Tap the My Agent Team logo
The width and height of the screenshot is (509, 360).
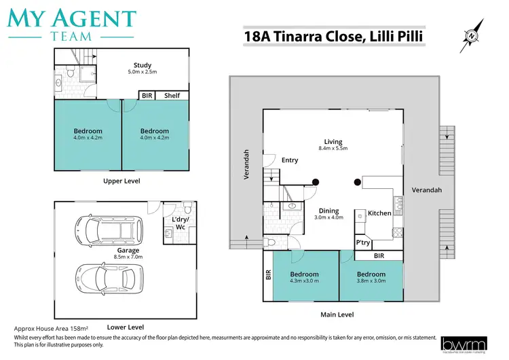coord(71,24)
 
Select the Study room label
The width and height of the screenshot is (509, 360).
coord(143,65)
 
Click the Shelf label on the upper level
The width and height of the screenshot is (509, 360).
coord(172,96)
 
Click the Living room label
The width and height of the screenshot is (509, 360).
coord(333,142)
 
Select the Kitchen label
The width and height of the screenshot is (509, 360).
coord(379,213)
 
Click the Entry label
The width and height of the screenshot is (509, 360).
coord(290,160)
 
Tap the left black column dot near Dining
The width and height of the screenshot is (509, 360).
coord(316,181)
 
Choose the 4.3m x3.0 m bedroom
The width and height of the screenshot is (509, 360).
coord(304,278)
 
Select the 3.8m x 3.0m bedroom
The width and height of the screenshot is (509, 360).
coord(371,278)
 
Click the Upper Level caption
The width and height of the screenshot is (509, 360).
coord(122,181)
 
